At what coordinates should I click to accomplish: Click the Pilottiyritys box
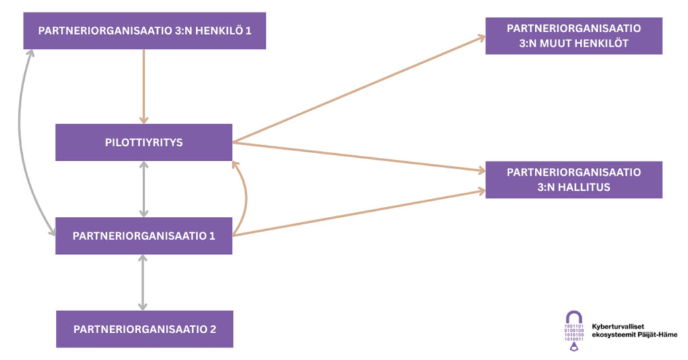pos(144,142)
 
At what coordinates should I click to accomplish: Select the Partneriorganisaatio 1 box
pos(144,236)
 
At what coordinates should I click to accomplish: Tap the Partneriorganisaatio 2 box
pos(144,329)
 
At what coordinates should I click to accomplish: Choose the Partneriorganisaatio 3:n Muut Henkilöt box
pos(574,36)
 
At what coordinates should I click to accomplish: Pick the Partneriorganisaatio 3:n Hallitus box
pos(574,180)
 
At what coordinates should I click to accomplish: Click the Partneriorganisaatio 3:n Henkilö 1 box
pos(144,31)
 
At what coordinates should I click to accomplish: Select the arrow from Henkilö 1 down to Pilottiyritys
pos(144,87)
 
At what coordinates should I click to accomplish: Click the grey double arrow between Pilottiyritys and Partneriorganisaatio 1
pos(144,189)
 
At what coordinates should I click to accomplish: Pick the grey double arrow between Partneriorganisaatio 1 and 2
pos(142,282)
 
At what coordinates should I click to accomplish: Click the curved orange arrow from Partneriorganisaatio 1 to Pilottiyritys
pos(246,198)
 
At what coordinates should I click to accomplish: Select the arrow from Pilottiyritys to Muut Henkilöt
pos(359,89)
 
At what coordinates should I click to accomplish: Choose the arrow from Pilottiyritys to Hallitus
pos(359,156)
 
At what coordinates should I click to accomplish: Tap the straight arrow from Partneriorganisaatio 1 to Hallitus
pos(359,213)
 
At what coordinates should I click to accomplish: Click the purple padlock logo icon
pos(574,330)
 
